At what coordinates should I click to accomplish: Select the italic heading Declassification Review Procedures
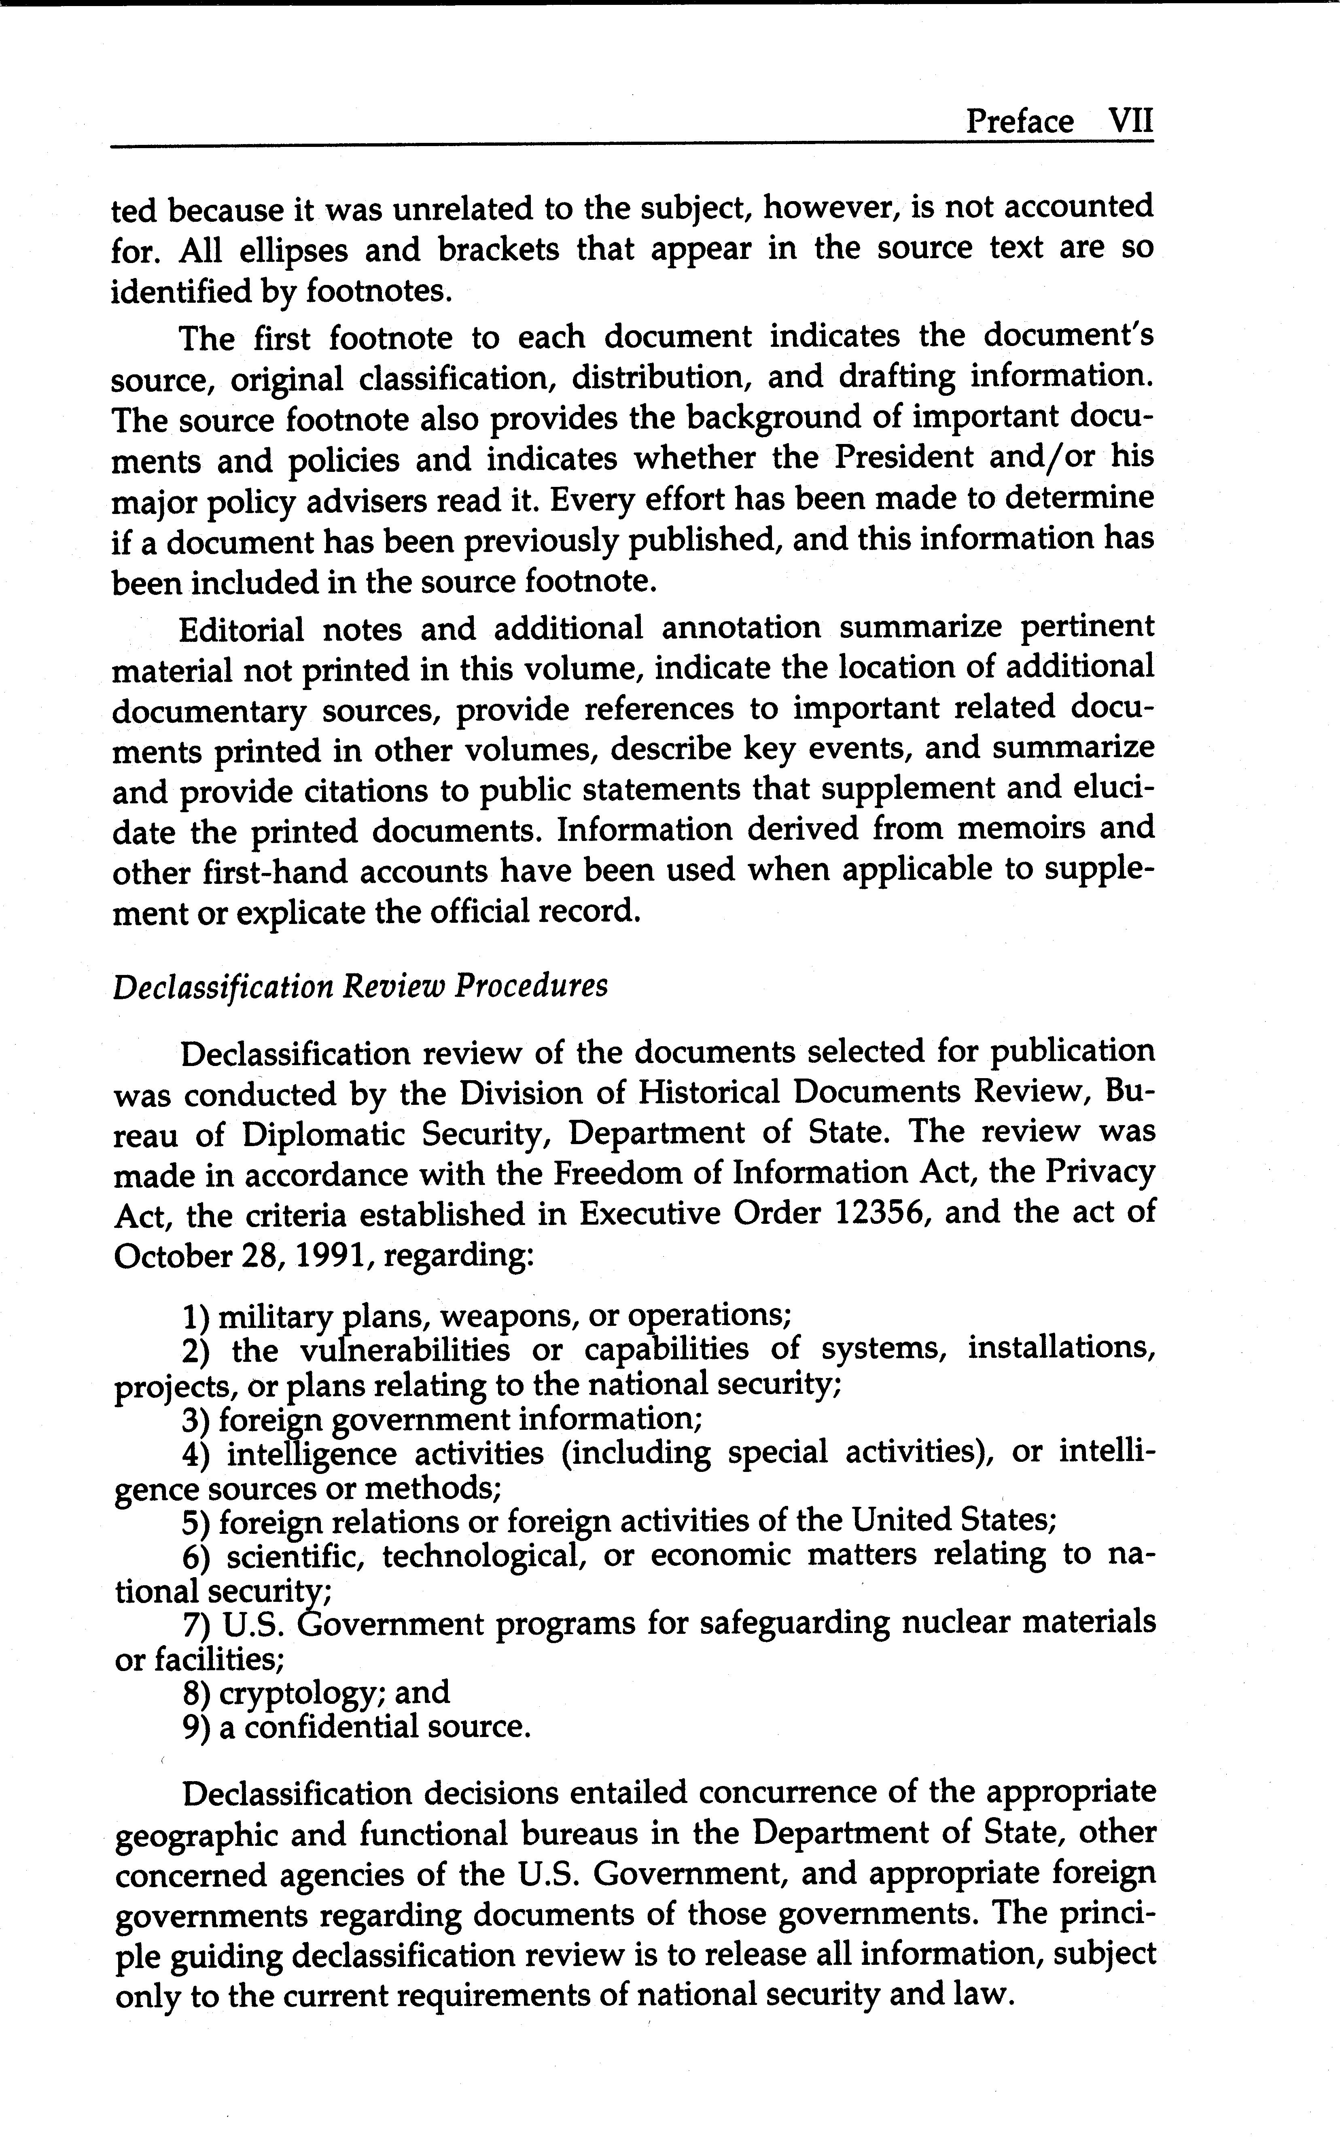(x=360, y=986)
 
